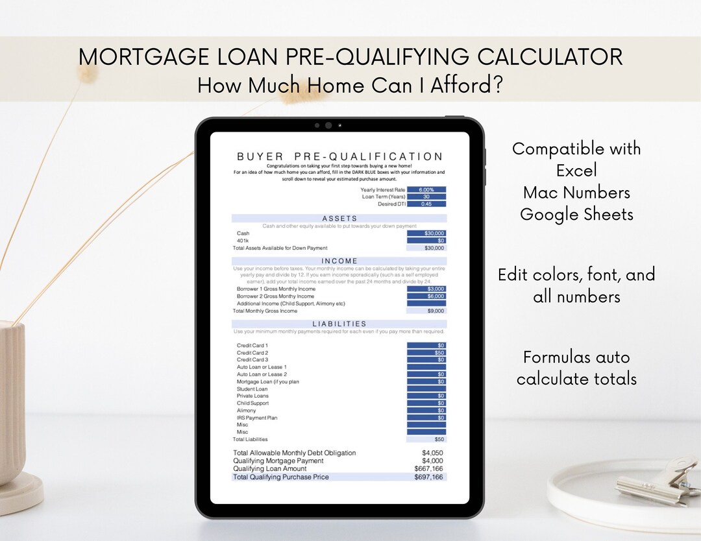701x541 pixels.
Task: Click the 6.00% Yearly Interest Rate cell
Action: (426, 190)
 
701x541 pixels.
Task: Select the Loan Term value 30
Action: (426, 197)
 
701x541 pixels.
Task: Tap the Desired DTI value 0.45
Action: (426, 204)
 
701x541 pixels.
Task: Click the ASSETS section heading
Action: (339, 219)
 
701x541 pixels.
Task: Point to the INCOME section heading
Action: (339, 261)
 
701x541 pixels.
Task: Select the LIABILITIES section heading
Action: (339, 324)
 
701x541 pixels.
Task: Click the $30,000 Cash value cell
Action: (426, 234)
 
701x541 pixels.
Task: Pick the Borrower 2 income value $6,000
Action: (426, 296)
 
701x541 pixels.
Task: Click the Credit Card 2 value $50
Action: (426, 353)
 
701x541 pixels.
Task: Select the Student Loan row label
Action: (252, 389)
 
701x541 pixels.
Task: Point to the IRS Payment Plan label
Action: (256, 418)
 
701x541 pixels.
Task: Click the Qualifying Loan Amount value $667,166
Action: (428, 468)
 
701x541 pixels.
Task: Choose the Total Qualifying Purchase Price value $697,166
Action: (428, 477)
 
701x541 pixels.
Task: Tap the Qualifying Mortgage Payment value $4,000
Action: (432, 461)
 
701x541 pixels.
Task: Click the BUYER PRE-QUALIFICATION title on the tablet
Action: (339, 156)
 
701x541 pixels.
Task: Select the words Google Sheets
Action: (576, 215)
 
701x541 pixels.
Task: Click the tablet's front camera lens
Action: (328, 125)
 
